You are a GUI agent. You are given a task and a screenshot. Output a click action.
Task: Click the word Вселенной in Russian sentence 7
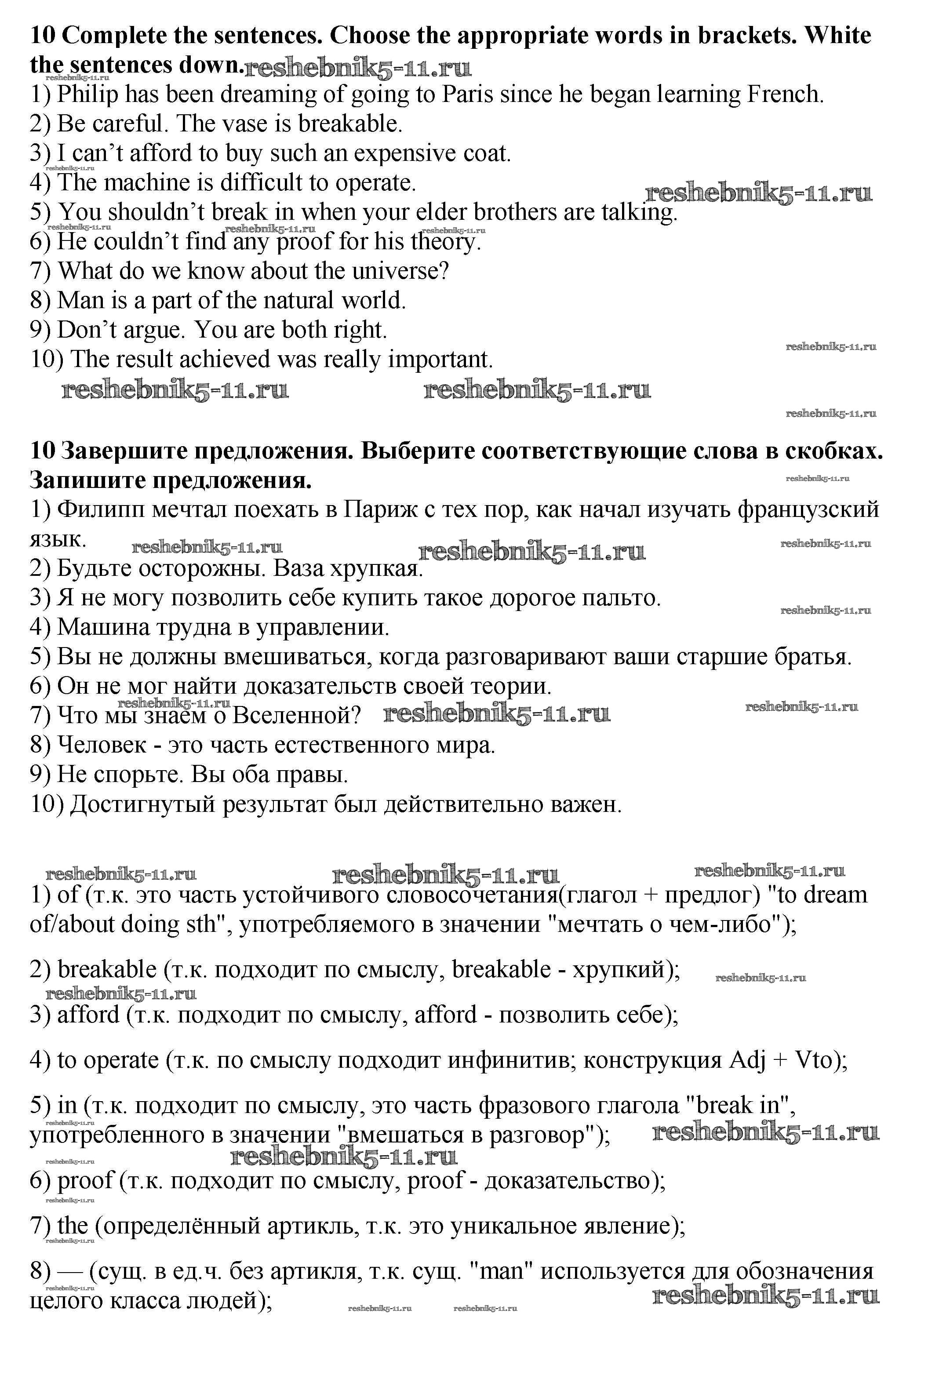coord(296,716)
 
